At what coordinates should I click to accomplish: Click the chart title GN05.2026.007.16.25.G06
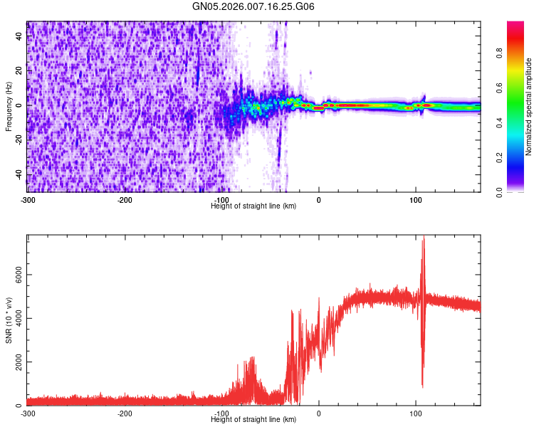tap(253, 7)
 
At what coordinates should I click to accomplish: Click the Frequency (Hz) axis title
tap(9, 107)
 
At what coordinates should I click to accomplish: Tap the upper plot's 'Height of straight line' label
tap(253, 206)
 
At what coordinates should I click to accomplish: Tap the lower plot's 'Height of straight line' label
tap(253, 419)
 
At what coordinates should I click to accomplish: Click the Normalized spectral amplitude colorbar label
tap(529, 107)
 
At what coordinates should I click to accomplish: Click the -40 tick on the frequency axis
tap(17, 174)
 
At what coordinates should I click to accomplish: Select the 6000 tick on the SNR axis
tap(14, 275)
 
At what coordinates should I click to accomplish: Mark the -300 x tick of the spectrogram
tap(27, 199)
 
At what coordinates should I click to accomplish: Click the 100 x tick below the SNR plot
tap(416, 413)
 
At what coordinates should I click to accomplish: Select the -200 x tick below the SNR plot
tap(125, 413)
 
